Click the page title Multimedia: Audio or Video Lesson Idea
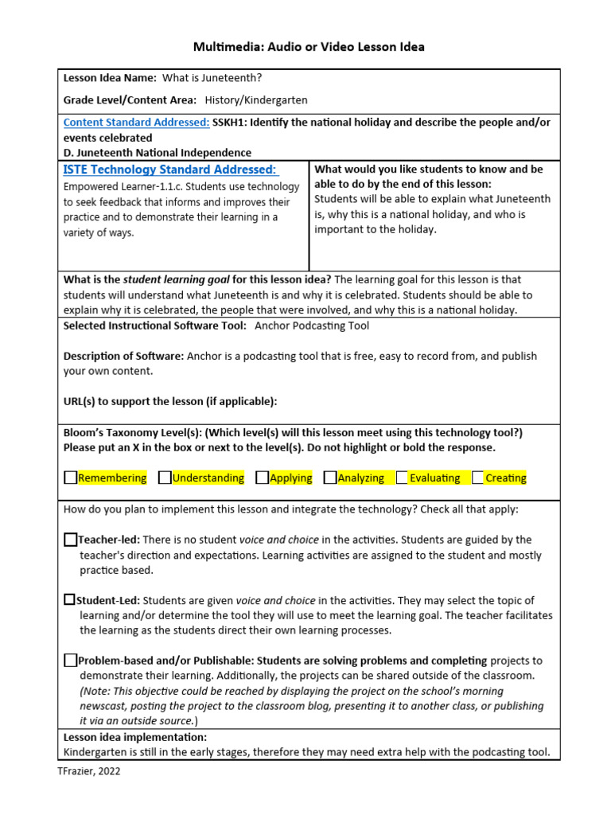[309, 47]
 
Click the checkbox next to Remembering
[71, 478]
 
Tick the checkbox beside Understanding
[165, 478]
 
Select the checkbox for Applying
[262, 478]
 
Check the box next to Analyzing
[330, 478]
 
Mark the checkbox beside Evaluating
[402, 478]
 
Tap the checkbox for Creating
[477, 478]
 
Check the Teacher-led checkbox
[71, 540]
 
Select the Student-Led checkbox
[70, 599]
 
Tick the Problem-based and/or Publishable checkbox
[71, 660]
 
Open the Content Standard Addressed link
[136, 123]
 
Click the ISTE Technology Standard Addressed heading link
[170, 170]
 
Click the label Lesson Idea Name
[109, 78]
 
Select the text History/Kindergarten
[256, 100]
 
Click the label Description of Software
[123, 356]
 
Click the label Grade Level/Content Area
[129, 100]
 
